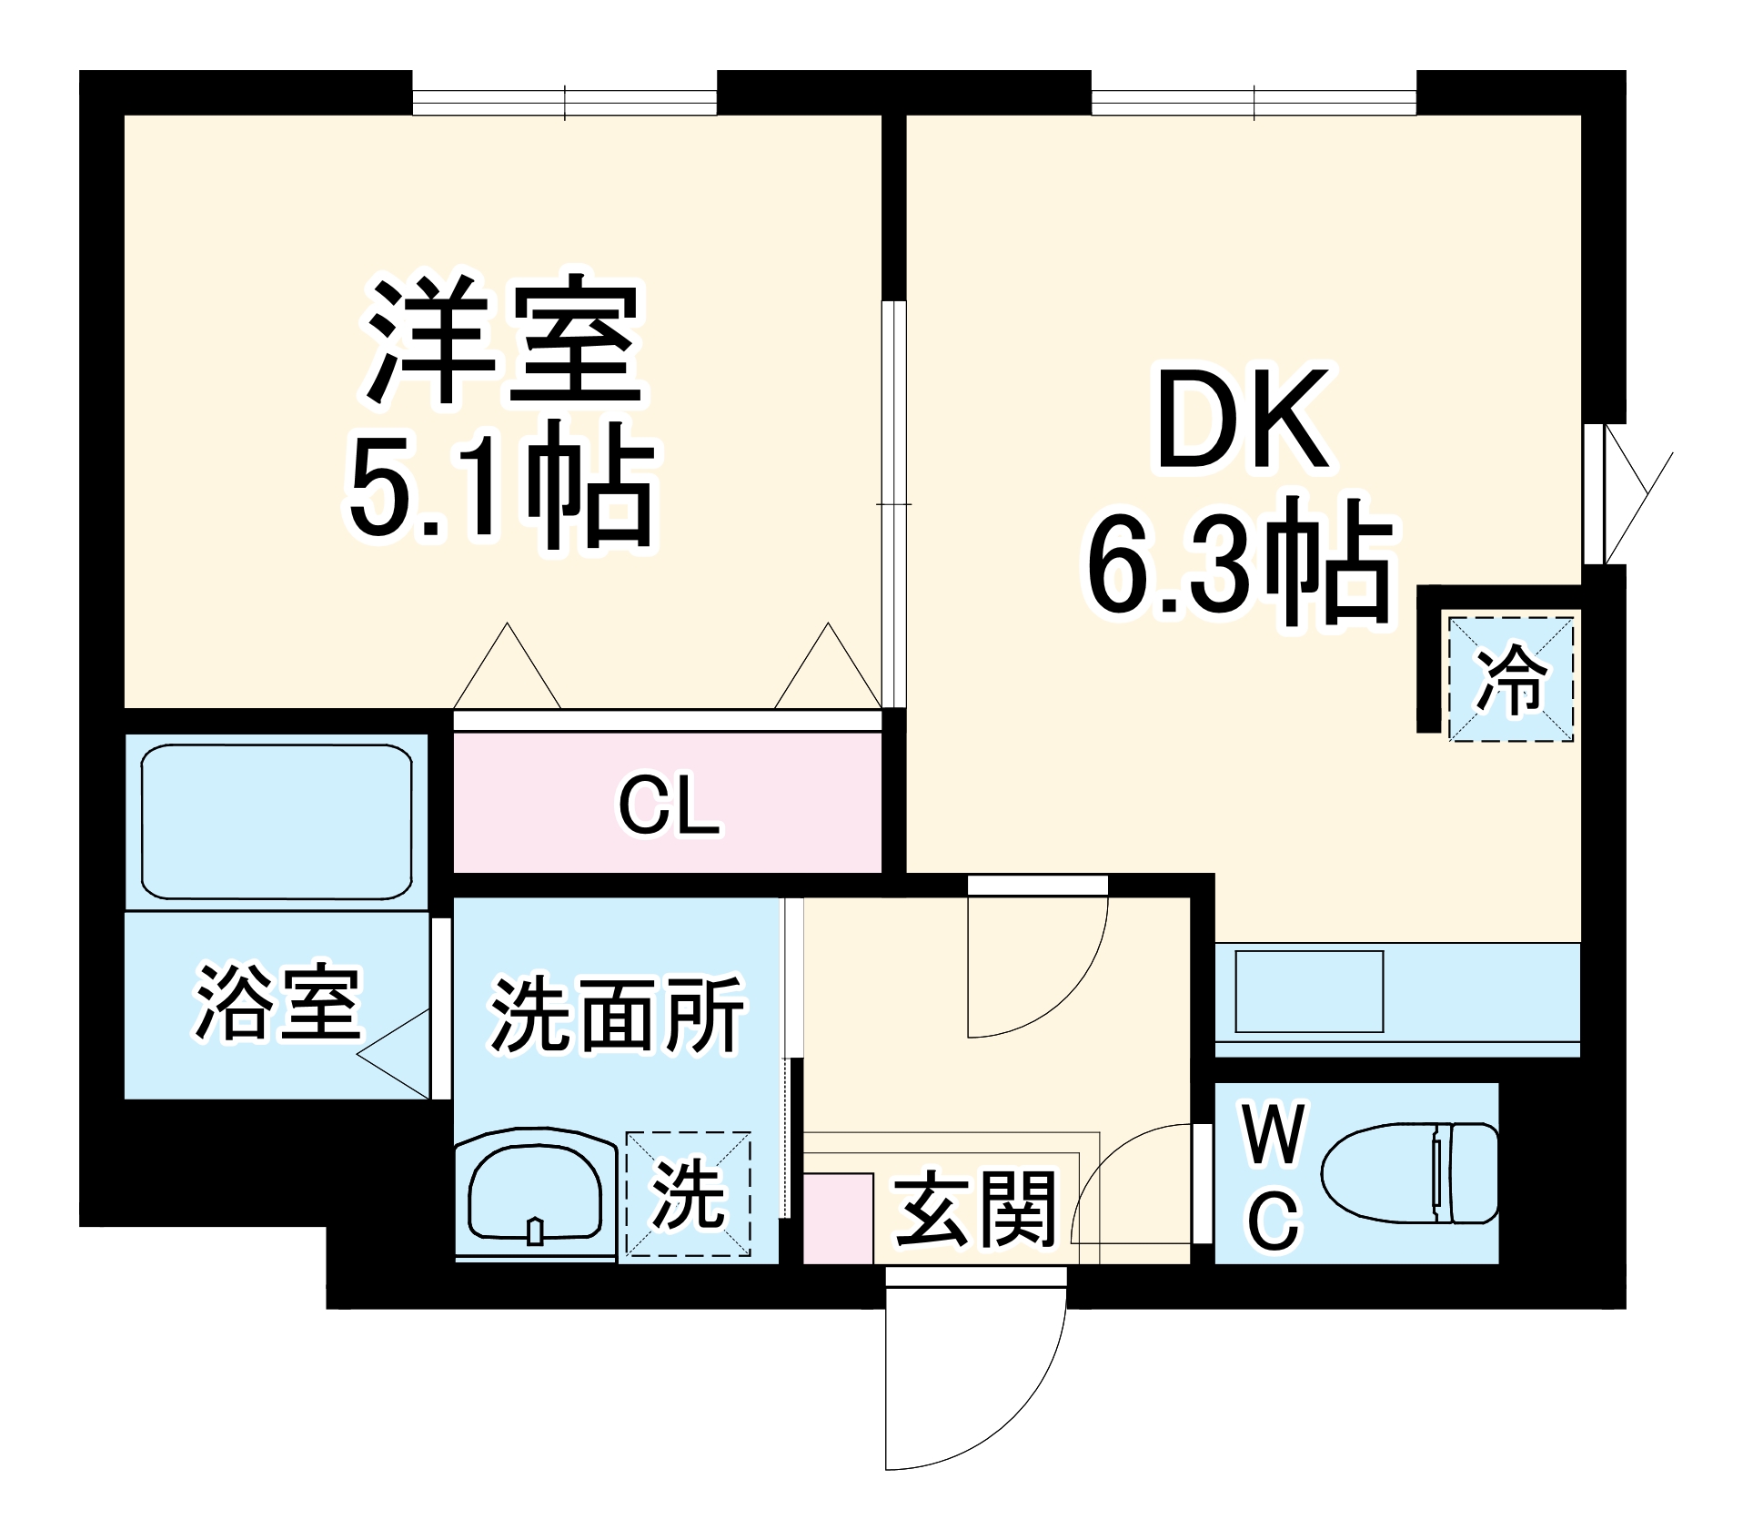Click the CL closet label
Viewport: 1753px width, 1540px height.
(x=669, y=805)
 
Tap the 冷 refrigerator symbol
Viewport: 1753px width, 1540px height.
(x=1510, y=679)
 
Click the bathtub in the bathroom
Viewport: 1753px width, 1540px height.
(x=277, y=822)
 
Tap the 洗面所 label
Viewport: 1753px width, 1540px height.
(x=617, y=1015)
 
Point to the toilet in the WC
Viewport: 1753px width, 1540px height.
(x=1408, y=1173)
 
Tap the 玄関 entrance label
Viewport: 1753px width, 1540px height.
(x=975, y=1210)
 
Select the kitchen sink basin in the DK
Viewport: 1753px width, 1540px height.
(x=1308, y=991)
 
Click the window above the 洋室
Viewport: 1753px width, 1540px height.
(x=564, y=101)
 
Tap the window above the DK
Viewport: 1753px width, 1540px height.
(x=1253, y=101)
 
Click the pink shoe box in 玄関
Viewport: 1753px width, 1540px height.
(x=838, y=1218)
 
